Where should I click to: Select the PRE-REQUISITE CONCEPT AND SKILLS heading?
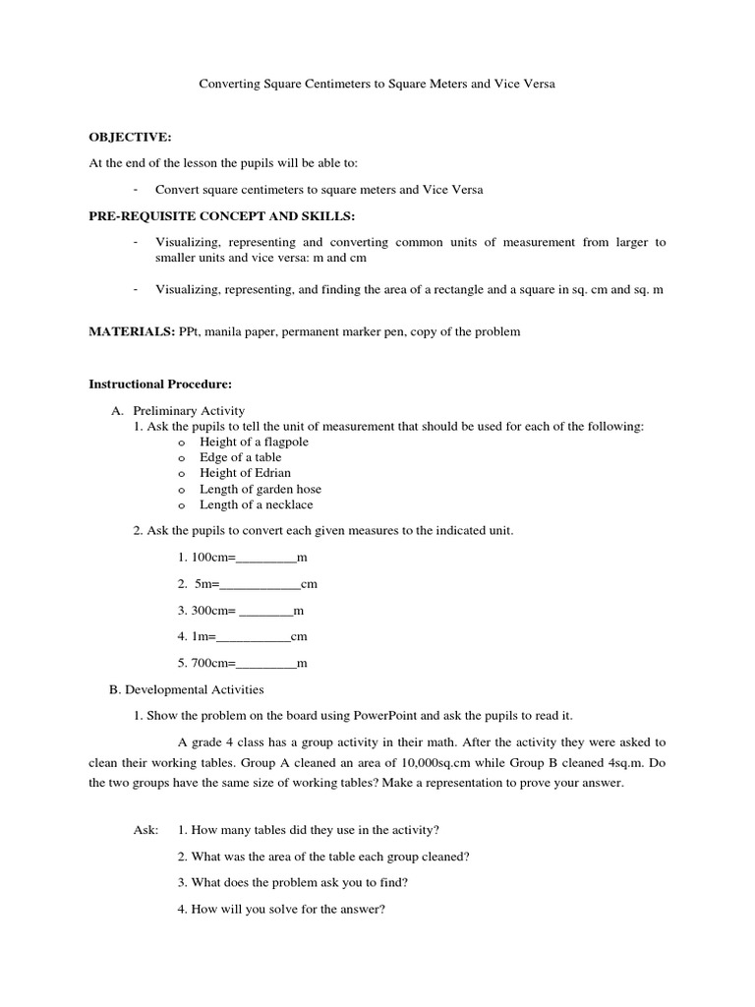pyautogui.click(x=222, y=215)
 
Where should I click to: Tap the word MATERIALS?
pyautogui.click(x=132, y=332)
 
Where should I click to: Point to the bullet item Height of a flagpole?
pyautogui.click(x=254, y=442)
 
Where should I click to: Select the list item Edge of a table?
pyautogui.click(x=240, y=457)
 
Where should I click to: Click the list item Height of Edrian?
pyautogui.click(x=246, y=473)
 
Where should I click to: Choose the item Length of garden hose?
pyautogui.click(x=260, y=489)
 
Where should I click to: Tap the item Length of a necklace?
pyautogui.click(x=256, y=504)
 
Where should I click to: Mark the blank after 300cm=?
pyautogui.click(x=265, y=612)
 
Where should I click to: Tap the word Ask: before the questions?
pyautogui.click(x=145, y=830)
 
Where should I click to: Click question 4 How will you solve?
pyautogui.click(x=281, y=910)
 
